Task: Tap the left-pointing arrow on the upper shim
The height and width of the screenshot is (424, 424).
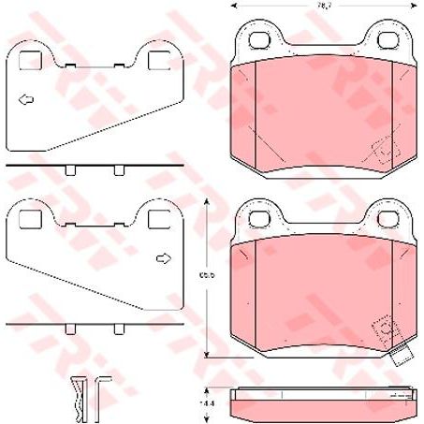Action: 28,98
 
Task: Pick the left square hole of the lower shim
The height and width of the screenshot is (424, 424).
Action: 30,220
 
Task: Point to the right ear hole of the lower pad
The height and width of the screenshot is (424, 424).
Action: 387,217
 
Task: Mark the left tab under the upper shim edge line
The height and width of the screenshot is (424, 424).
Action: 71,170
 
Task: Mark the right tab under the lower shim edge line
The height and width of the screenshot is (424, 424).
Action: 119,329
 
